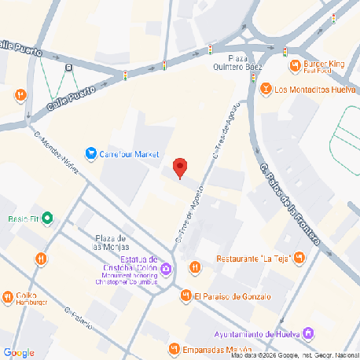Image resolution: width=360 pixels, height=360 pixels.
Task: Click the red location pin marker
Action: click(x=180, y=167)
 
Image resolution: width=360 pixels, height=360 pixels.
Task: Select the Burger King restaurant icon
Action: click(x=294, y=65)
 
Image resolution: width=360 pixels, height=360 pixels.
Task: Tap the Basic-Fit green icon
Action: click(x=47, y=218)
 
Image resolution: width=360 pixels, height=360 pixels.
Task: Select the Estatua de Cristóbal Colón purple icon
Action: click(x=167, y=270)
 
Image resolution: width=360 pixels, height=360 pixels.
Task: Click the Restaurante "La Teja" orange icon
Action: click(x=299, y=257)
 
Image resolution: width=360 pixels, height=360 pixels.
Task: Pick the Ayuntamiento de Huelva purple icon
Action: click(x=309, y=334)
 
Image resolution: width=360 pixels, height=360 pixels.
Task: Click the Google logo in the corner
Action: click(x=19, y=352)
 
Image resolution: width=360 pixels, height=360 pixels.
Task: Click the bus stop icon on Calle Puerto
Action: click(x=70, y=68)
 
